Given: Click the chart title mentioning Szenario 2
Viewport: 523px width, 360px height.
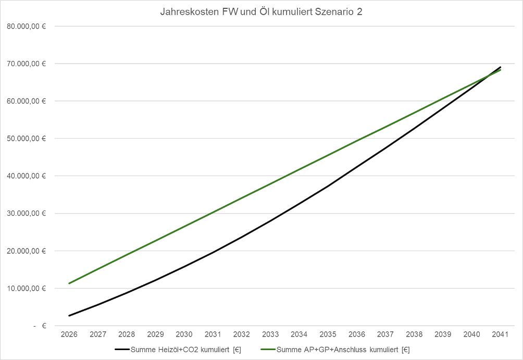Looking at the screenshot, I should click(261, 13).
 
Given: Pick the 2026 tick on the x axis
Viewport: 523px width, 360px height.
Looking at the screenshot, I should click(69, 334).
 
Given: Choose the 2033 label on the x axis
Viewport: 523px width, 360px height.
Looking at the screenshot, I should click(270, 334).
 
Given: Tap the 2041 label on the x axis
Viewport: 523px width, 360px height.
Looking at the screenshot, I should click(501, 334).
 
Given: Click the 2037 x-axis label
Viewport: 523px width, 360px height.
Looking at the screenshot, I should click(385, 334).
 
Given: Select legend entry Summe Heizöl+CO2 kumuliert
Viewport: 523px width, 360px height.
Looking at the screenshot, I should click(185, 349).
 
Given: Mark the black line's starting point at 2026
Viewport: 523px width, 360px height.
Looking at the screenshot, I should click(69, 316).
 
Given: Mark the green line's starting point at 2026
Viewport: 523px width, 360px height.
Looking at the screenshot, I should click(69, 283).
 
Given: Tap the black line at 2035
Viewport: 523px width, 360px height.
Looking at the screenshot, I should click(328, 186).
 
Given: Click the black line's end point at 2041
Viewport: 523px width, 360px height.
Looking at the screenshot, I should click(501, 67).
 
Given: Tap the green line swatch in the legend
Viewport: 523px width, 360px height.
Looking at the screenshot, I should click(266, 349).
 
